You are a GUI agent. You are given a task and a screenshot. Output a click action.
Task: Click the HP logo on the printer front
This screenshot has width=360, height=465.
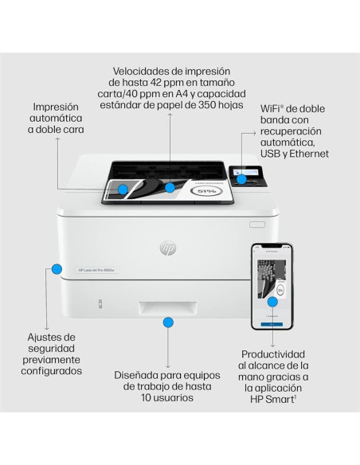pos(168,249)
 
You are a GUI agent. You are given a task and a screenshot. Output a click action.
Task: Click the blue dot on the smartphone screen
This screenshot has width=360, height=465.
pos(272,302)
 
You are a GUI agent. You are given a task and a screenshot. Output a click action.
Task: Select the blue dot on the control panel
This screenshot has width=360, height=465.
pos(240,179)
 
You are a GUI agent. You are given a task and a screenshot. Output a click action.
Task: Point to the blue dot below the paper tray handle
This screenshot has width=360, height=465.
pos(168,322)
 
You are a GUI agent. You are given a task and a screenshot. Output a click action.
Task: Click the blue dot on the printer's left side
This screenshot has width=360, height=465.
pos(57,269)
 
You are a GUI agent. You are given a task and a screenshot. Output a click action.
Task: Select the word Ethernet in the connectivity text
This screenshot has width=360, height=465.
pos(307,153)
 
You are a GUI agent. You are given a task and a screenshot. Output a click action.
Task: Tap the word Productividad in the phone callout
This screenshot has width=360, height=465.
pos(272,353)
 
